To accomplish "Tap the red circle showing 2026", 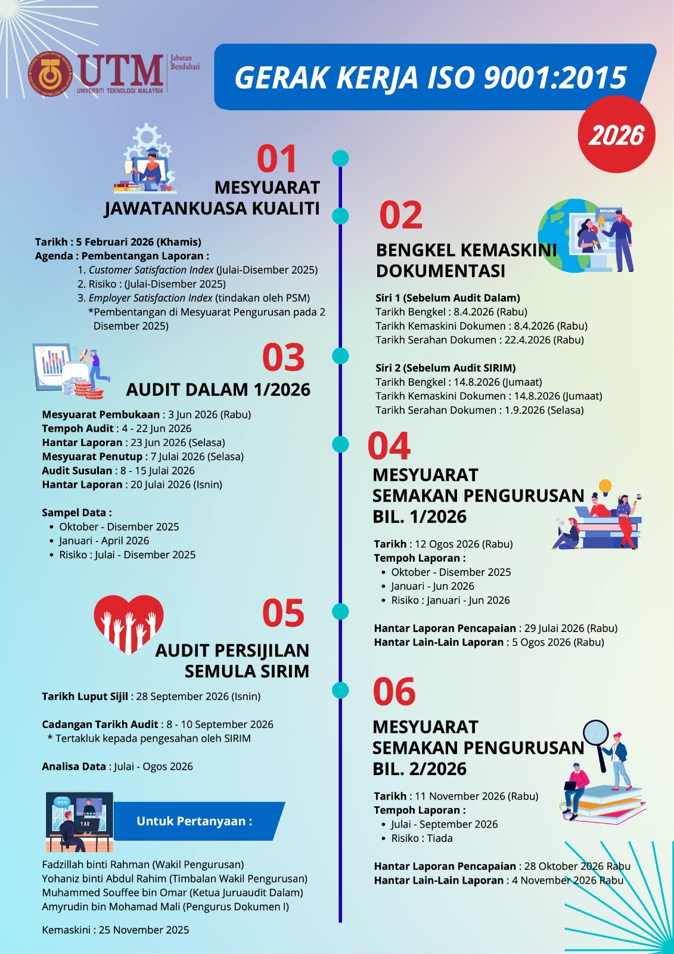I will [x=616, y=135].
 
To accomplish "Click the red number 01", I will [x=277, y=159].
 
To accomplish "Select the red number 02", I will [x=400, y=215].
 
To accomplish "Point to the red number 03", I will [x=283, y=357].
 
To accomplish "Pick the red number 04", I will [x=389, y=446].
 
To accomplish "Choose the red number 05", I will [x=283, y=613].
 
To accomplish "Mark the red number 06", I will [x=394, y=692].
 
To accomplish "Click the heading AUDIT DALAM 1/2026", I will [x=218, y=389].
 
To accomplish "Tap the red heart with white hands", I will [x=129, y=622].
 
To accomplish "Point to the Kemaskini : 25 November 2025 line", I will [x=116, y=930].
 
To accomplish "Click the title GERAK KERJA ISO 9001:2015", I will [x=430, y=78].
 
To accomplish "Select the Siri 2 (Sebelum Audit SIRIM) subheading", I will [x=445, y=368].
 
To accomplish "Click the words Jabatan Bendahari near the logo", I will [x=185, y=63].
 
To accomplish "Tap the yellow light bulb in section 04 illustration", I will [x=605, y=486].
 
